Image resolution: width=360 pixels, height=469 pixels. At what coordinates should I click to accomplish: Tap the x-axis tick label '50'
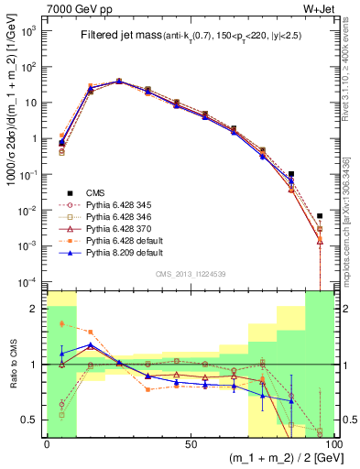tap(189, 443)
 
